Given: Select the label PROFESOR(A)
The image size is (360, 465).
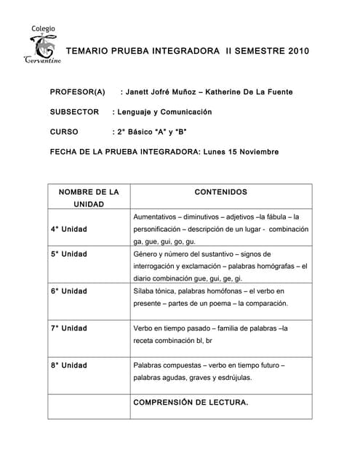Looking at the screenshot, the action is (77, 92).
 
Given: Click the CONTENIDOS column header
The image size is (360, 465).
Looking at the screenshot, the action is (221, 193).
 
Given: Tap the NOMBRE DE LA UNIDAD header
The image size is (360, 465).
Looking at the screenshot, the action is (89, 198).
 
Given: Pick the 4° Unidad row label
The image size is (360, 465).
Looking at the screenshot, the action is (69, 230).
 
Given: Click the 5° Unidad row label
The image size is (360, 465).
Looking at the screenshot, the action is (69, 254).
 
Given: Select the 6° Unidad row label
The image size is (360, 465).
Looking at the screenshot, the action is (69, 291).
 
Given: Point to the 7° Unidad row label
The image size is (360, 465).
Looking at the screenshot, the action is (69, 328).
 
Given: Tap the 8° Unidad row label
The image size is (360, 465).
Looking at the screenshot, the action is (69, 365).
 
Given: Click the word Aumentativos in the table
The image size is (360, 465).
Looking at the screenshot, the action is (156, 217).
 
